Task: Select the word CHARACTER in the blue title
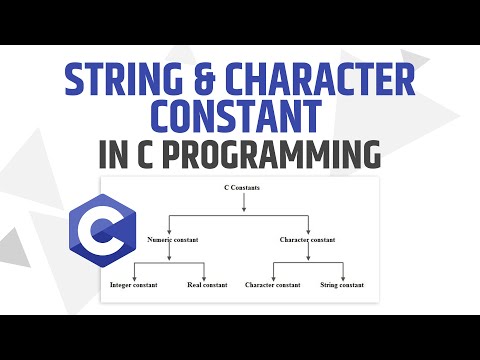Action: click(317, 79)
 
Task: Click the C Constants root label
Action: click(243, 188)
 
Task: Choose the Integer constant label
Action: click(134, 285)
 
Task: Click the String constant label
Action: click(343, 285)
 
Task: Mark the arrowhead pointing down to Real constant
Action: click(204, 276)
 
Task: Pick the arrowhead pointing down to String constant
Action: click(343, 276)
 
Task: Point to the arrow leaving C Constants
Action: click(243, 203)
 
